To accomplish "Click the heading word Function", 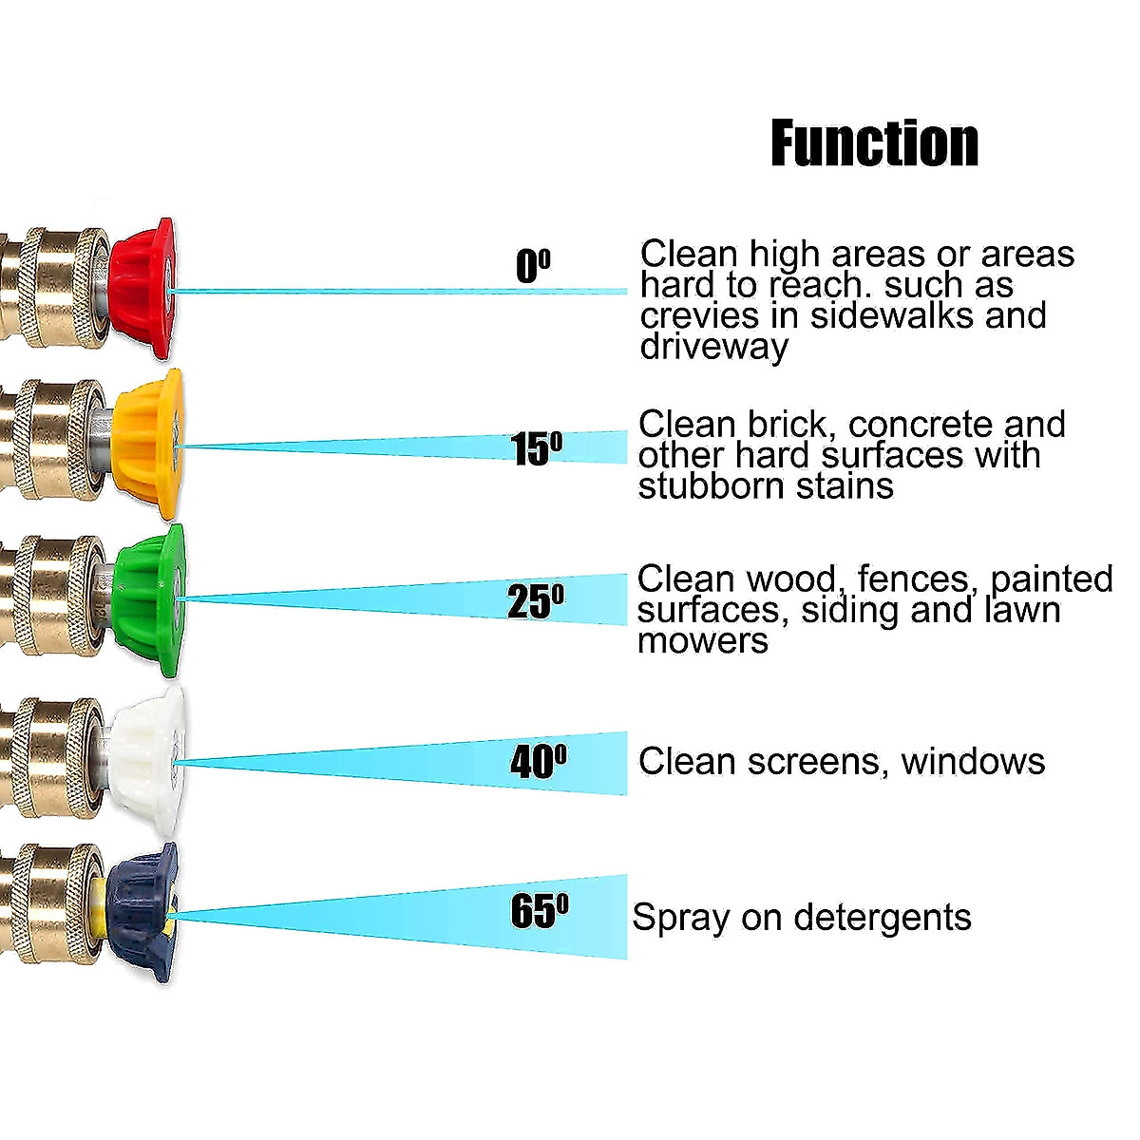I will [x=874, y=144].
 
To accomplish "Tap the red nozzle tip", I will [x=142, y=289].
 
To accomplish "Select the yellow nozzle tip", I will [x=148, y=444].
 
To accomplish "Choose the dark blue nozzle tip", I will [x=142, y=912].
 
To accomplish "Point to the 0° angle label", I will [x=533, y=265].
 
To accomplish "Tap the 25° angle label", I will [x=536, y=600].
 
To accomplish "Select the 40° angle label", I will [x=539, y=760].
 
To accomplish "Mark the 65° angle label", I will [x=540, y=910].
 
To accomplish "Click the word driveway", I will [x=713, y=347].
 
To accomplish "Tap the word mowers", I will [x=702, y=640].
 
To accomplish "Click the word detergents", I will [x=883, y=918].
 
